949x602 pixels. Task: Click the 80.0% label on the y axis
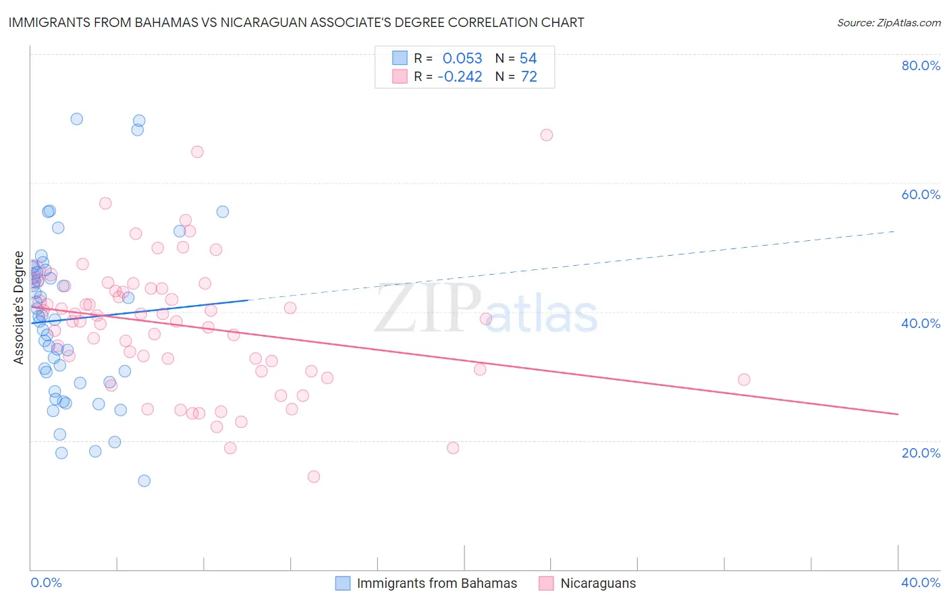tap(921, 65)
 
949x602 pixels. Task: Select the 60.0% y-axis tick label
tap(921, 194)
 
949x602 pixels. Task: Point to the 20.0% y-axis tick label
tap(921, 452)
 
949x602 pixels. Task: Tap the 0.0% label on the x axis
tap(46, 582)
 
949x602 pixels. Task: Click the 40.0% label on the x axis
tap(921, 582)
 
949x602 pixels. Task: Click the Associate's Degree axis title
tap(19, 307)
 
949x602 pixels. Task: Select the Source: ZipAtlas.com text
tap(888, 22)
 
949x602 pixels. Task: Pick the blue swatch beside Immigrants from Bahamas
tap(343, 583)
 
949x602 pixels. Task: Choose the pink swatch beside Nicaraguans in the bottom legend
tap(546, 583)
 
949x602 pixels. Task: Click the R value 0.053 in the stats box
tap(462, 58)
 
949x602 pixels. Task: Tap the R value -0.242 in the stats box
tap(460, 77)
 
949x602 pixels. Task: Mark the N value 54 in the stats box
tap(528, 58)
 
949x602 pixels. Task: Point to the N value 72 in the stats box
tap(528, 77)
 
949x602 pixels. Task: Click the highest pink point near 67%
tap(547, 135)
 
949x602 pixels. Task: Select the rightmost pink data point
tap(744, 379)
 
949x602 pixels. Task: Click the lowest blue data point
tap(144, 481)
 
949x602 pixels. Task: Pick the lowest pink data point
tap(314, 476)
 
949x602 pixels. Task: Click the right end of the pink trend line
tap(898, 414)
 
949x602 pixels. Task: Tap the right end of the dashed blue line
tap(895, 231)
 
